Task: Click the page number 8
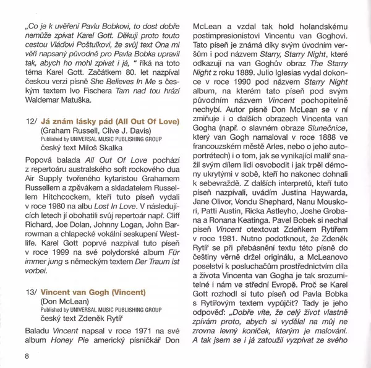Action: click(27, 355)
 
